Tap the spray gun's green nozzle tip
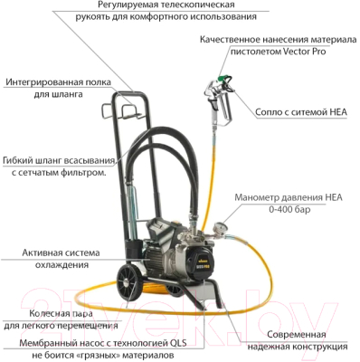(224, 78)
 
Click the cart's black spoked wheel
(129, 281)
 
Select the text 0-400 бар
(289, 209)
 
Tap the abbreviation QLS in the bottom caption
(178, 343)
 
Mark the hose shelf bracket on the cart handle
(124, 111)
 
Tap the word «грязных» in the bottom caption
(97, 355)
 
